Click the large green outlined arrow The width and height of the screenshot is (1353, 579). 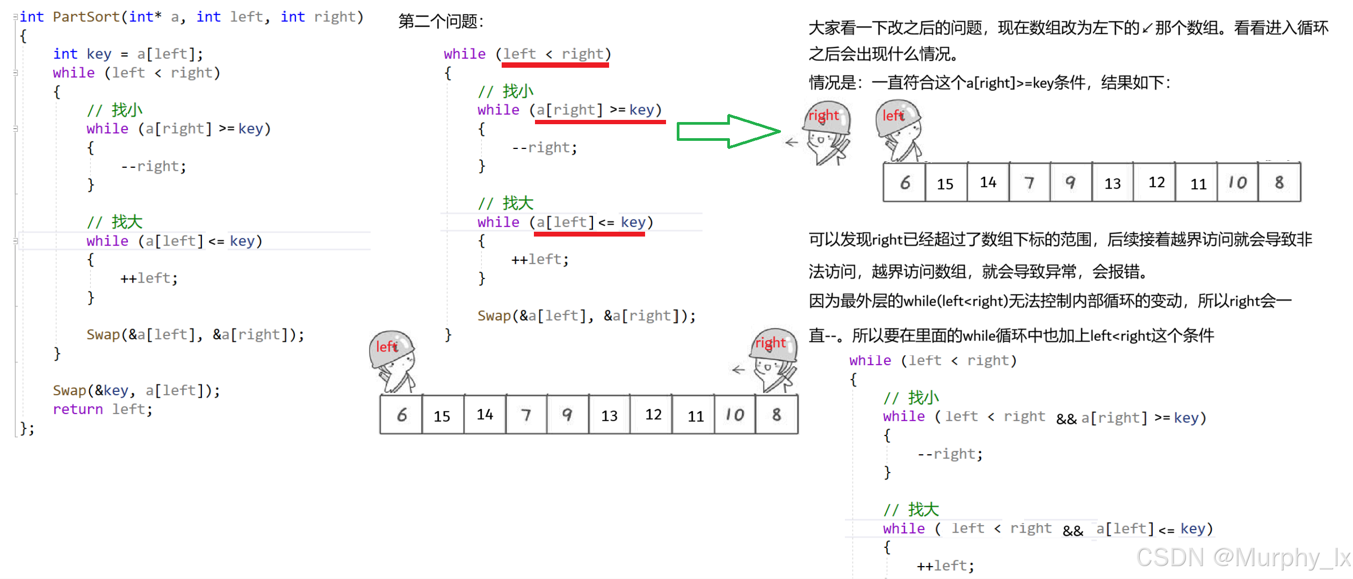728,131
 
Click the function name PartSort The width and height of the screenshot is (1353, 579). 86,17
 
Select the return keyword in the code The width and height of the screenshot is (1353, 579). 77,410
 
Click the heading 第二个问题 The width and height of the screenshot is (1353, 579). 441,22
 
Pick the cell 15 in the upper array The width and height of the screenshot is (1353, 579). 945,183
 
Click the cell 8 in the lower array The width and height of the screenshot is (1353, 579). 777,414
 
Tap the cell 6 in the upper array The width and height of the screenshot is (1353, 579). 905,183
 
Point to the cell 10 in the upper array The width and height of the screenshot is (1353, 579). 1238,183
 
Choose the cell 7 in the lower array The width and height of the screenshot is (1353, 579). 526,415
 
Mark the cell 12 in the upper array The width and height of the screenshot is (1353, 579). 1156,183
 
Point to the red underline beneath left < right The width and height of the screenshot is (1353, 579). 555,65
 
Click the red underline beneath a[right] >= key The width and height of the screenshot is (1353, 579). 600,122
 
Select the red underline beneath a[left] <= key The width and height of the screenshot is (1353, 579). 589,234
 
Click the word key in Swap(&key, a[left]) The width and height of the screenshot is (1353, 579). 116,391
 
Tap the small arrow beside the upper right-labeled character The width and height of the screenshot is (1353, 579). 791,142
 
